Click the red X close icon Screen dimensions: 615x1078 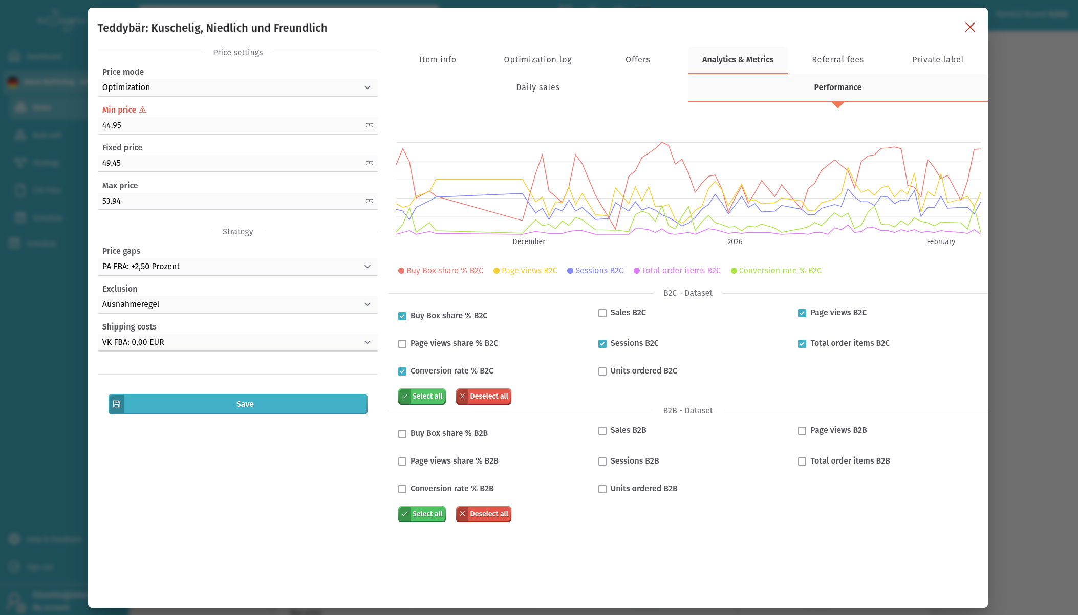970,27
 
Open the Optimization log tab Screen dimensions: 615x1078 537,60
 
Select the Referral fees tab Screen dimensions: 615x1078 837,60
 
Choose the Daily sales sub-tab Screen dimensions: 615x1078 537,87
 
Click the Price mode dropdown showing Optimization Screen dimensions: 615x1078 238,87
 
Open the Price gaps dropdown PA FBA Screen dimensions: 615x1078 238,267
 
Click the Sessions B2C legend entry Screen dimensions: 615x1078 595,271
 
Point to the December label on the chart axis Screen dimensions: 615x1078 529,241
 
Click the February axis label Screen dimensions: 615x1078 940,241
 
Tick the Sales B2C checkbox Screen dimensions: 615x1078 602,313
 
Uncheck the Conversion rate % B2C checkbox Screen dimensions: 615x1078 402,371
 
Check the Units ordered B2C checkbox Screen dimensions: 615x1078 602,371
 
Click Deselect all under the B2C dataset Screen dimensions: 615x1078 484,397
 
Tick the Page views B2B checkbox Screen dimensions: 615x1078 802,431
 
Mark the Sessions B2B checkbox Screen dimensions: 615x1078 602,462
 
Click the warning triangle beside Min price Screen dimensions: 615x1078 143,110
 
